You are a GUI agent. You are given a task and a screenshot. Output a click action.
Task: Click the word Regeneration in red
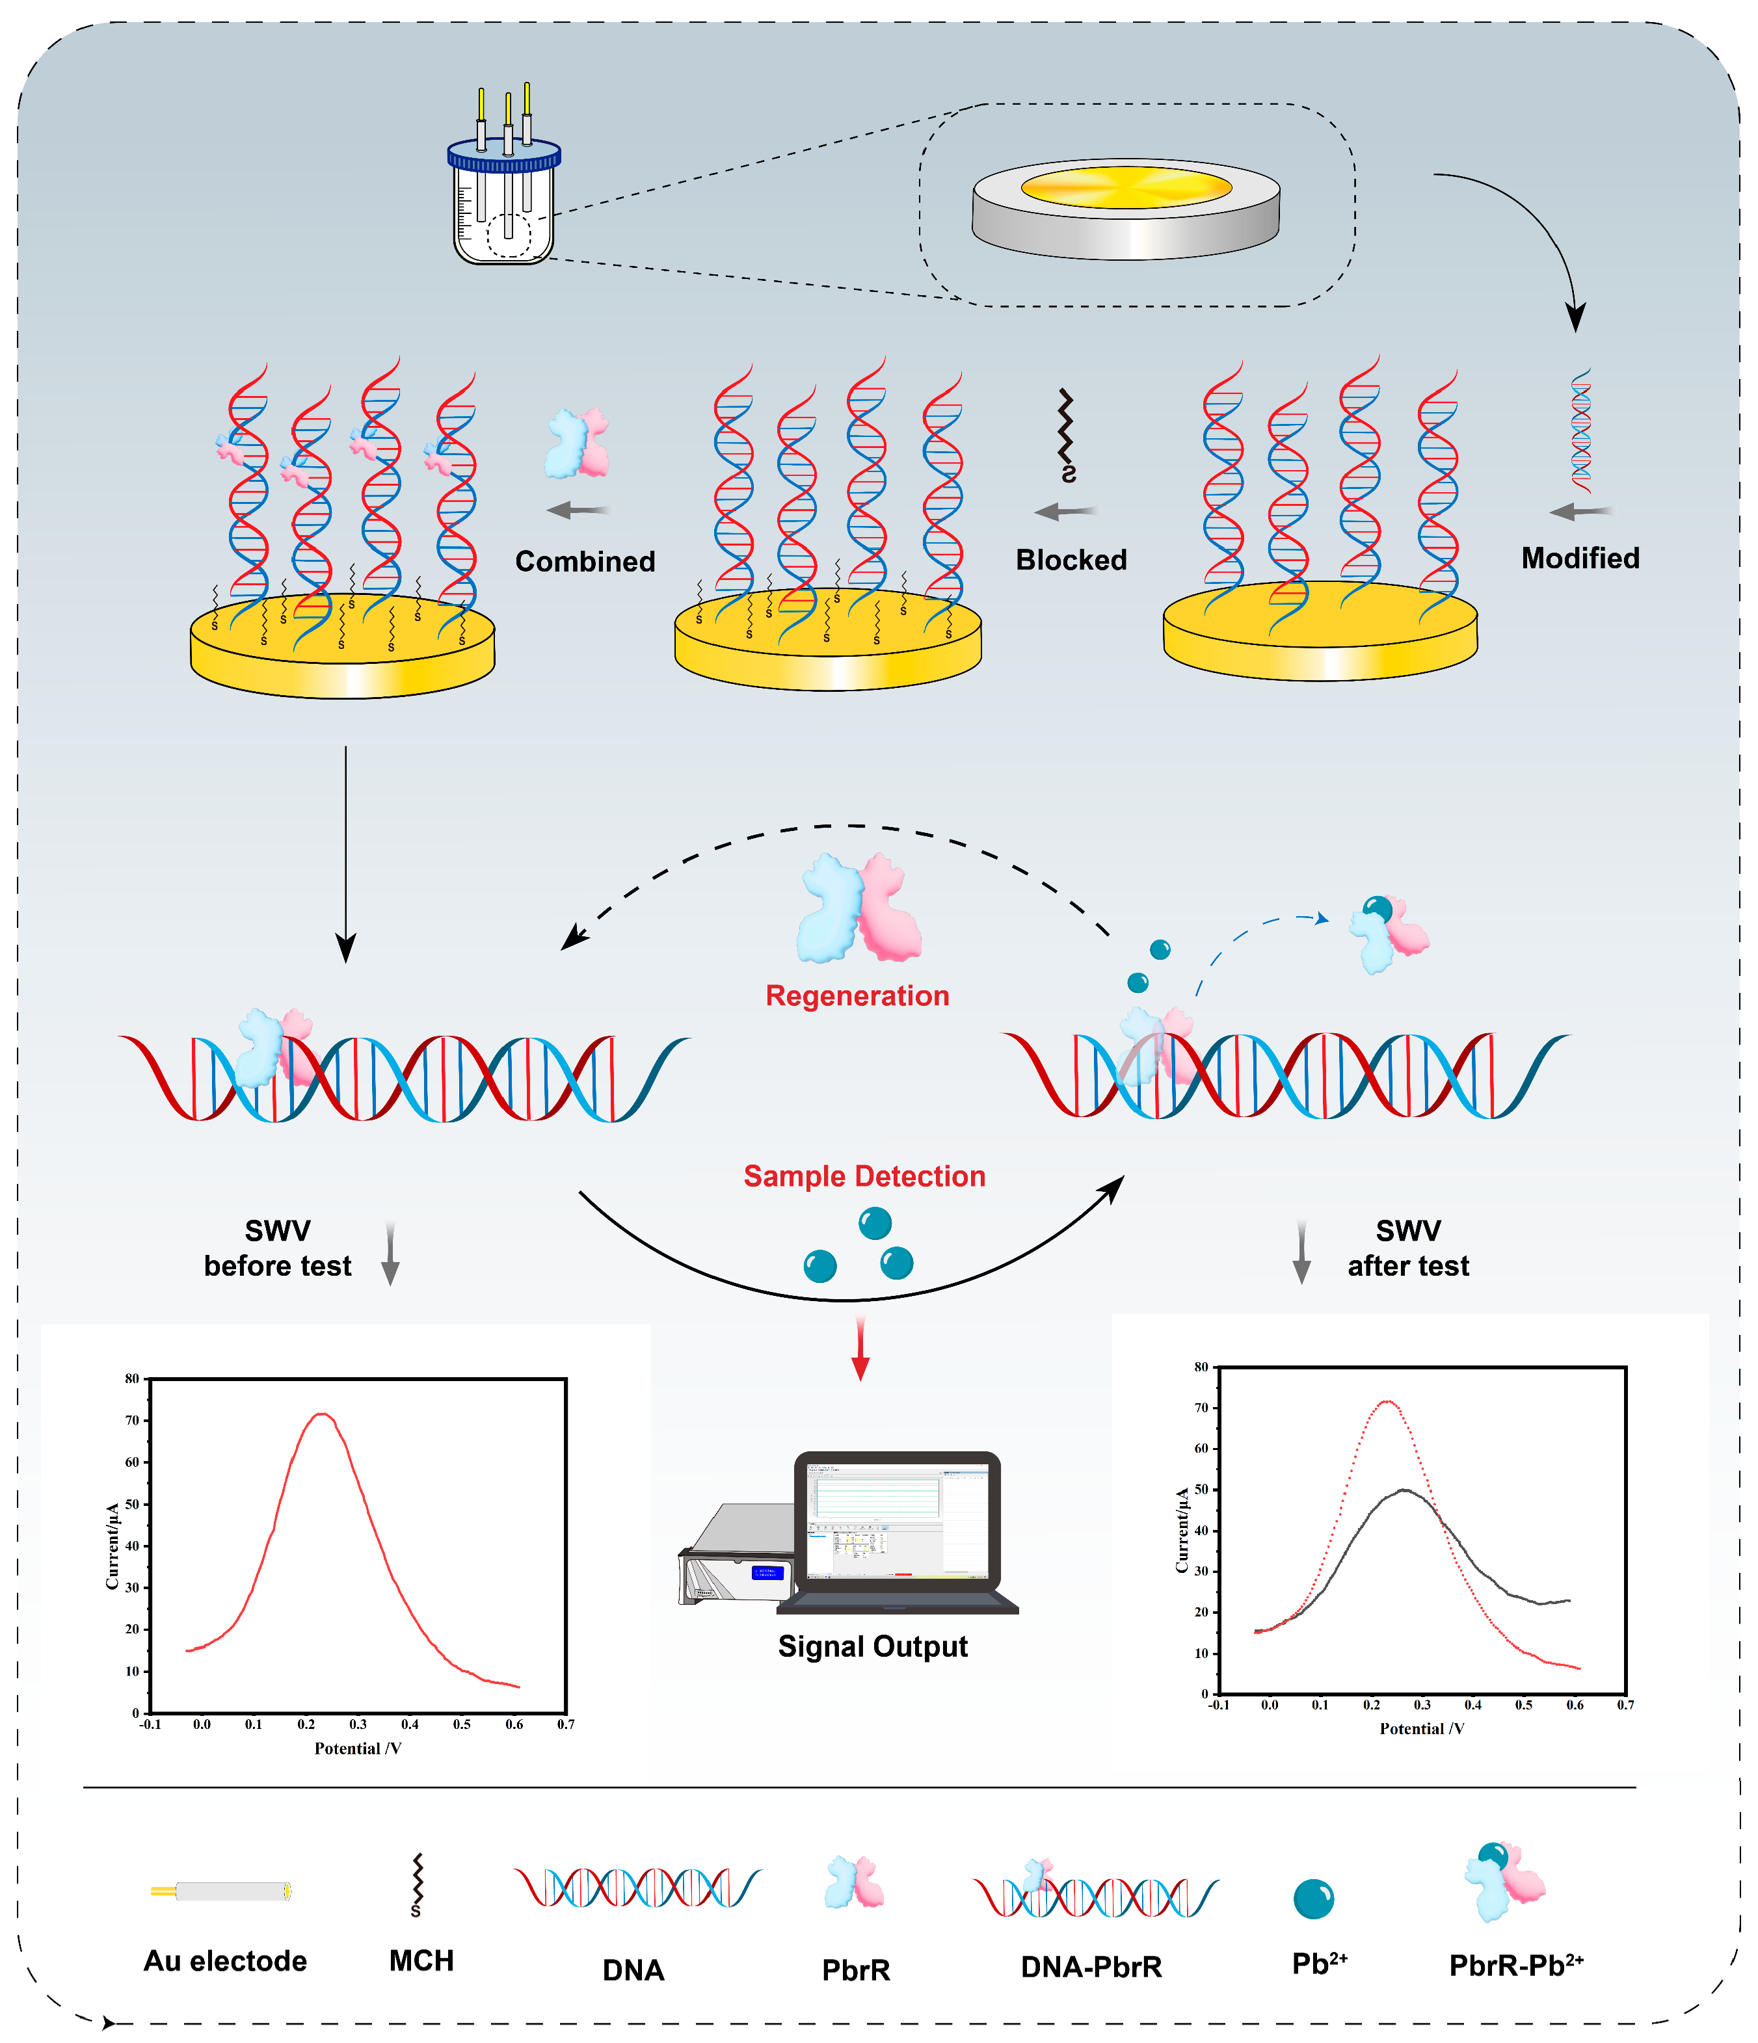[x=857, y=996]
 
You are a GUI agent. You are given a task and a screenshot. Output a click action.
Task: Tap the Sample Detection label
[x=864, y=1176]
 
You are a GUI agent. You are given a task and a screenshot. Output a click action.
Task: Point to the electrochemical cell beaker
[x=503, y=212]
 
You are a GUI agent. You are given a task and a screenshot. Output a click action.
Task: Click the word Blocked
[x=1071, y=560]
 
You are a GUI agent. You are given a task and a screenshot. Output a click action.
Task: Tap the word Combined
[x=585, y=562]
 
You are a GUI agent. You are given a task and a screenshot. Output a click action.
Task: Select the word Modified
[x=1580, y=558]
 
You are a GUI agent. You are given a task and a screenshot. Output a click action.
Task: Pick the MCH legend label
[x=421, y=1960]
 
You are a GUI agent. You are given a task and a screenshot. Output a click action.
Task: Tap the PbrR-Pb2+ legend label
[x=1515, y=1965]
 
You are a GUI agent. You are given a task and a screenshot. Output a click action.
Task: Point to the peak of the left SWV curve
[x=321, y=1414]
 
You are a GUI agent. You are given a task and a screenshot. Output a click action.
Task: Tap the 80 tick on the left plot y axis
[x=131, y=1378]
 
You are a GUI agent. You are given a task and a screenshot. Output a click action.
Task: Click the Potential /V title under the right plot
[x=1421, y=1728]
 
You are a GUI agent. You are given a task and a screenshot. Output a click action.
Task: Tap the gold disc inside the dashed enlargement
[x=1125, y=187]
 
